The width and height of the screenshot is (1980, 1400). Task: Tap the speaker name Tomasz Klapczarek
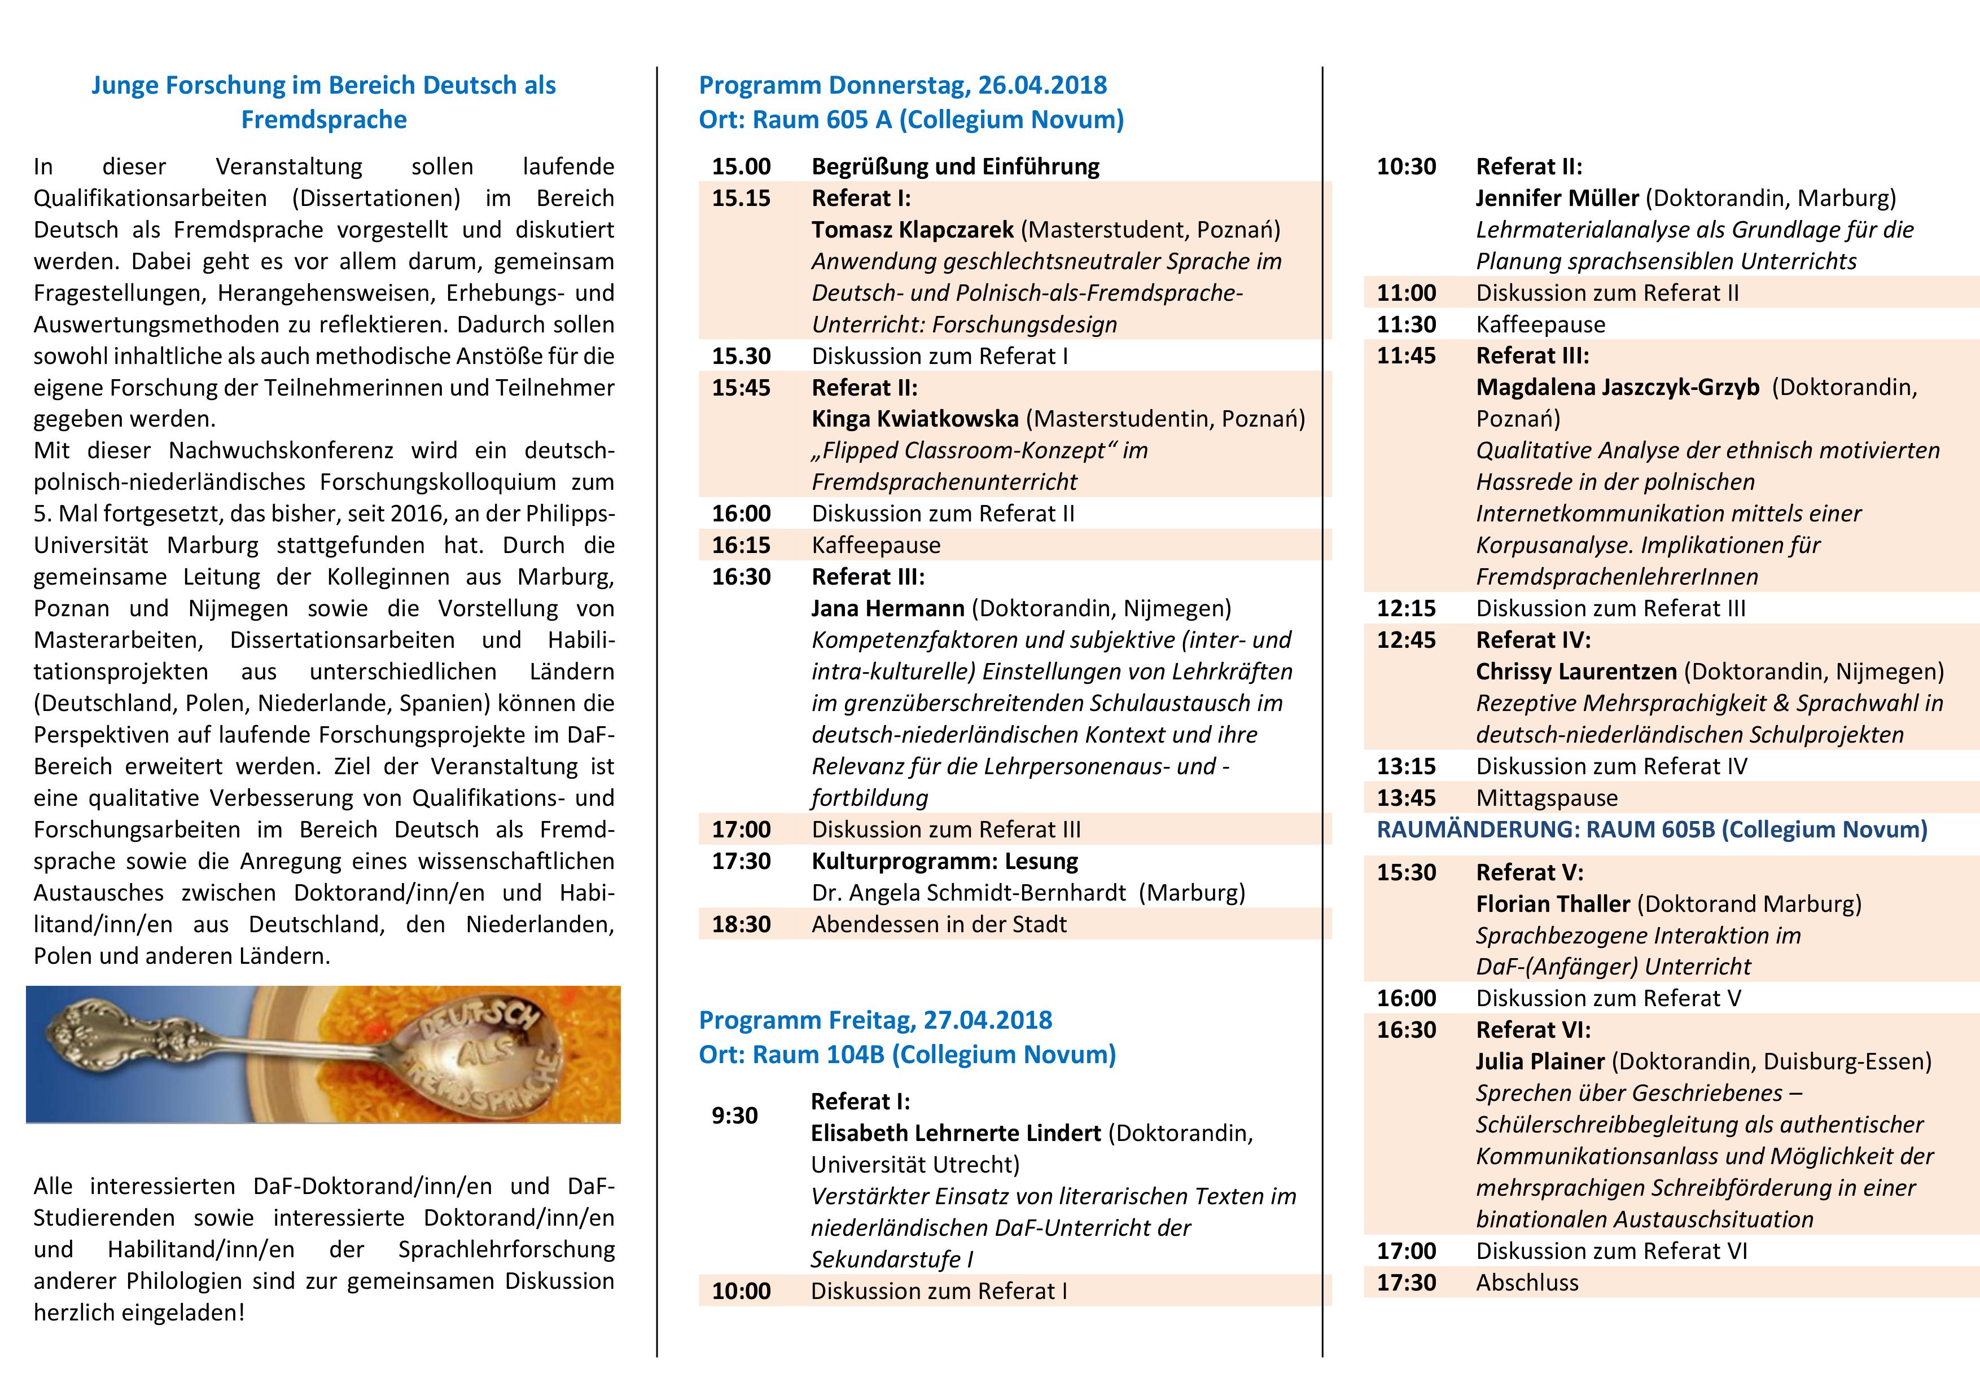point(912,229)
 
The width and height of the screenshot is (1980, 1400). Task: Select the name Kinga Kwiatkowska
point(914,419)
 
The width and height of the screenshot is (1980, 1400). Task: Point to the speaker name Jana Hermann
point(887,609)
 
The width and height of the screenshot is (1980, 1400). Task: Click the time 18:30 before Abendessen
point(741,924)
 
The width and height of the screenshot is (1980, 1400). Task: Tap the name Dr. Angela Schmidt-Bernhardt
point(969,893)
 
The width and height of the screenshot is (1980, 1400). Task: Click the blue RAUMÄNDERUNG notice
point(1652,830)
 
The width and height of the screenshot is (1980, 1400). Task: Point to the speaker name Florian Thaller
point(1552,903)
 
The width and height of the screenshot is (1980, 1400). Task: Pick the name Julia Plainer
point(1539,1061)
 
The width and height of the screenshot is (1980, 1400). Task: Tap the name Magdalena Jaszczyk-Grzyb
point(1617,388)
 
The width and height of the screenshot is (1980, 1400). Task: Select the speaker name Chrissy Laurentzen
point(1575,672)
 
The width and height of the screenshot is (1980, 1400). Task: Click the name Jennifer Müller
point(1557,198)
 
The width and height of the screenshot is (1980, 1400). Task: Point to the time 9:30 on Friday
point(734,1116)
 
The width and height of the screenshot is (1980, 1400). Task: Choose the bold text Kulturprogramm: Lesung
point(944,861)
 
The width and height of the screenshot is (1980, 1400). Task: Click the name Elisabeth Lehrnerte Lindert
point(956,1133)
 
